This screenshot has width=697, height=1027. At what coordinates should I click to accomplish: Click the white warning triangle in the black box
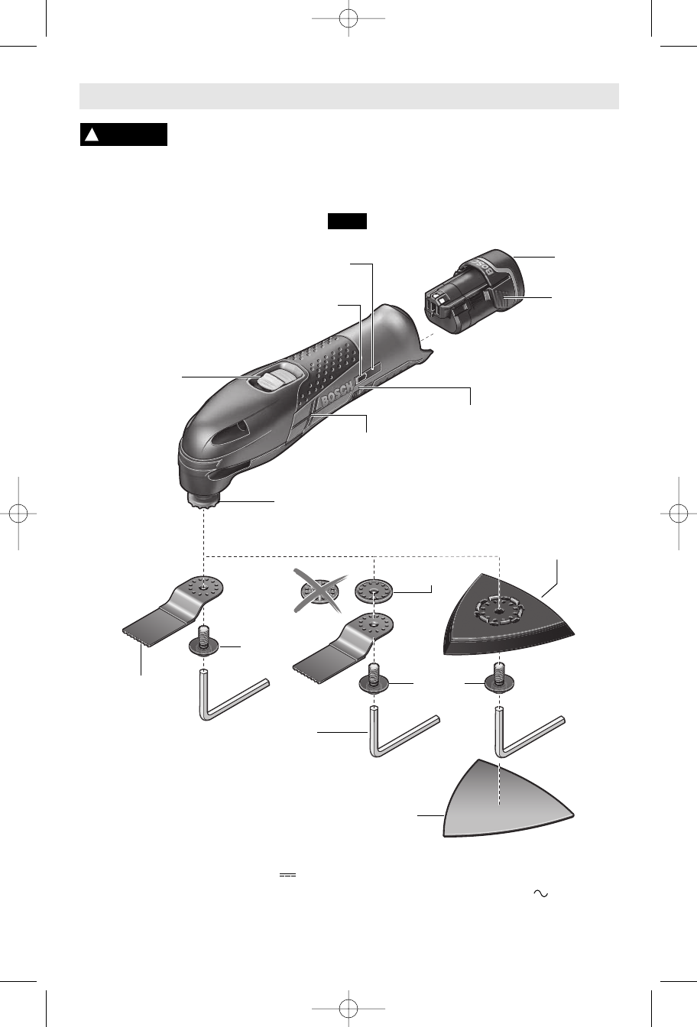click(x=92, y=134)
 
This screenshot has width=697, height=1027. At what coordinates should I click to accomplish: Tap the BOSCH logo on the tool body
click(x=336, y=395)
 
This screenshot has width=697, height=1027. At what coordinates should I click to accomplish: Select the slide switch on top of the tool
click(x=277, y=377)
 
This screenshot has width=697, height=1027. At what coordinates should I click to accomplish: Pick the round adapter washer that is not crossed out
click(x=374, y=591)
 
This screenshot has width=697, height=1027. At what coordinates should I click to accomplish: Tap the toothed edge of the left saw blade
click(x=136, y=638)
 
